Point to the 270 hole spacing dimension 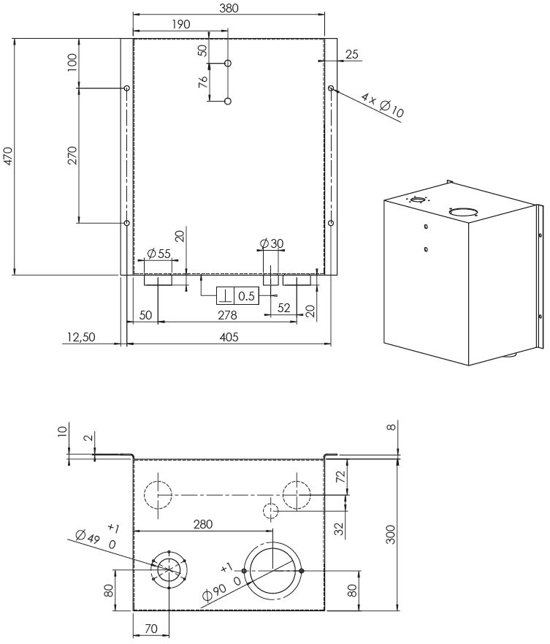click(72, 156)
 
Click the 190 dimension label click(180, 24)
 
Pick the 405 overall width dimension click(229, 337)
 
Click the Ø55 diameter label click(158, 254)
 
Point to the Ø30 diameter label click(272, 243)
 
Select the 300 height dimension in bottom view click(392, 534)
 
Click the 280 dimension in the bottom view click(204, 524)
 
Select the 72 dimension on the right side click(340, 477)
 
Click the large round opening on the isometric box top click(464, 212)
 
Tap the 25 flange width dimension click(352, 54)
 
